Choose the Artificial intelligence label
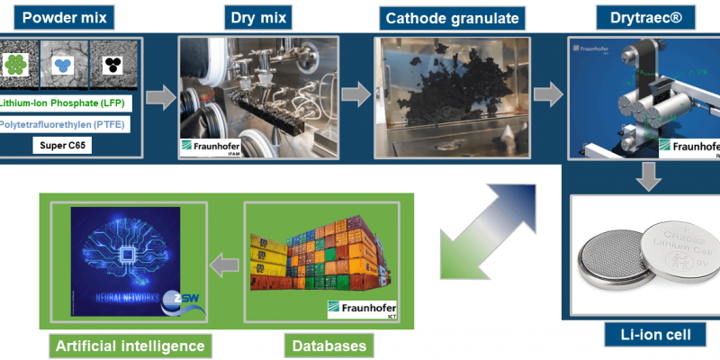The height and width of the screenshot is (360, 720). (130, 345)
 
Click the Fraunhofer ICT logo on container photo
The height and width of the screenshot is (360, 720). (363, 310)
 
